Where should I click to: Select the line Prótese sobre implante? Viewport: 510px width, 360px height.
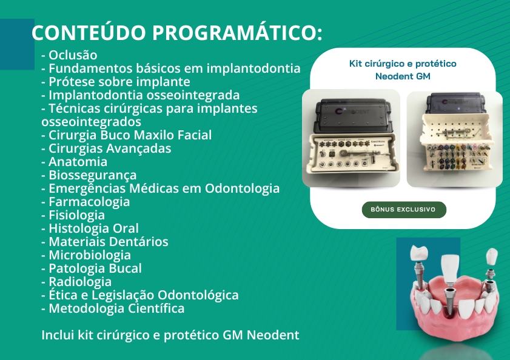coord(116,82)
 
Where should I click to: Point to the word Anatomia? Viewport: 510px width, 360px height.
coord(78,162)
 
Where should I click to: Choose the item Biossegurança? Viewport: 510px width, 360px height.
coord(92,175)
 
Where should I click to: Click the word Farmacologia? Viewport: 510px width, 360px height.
coord(89,202)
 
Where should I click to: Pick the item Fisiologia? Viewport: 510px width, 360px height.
coord(77,215)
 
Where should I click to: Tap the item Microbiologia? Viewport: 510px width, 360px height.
coord(89,255)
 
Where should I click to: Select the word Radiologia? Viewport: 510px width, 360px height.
coord(80,282)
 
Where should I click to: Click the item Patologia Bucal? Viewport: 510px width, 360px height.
coord(95,268)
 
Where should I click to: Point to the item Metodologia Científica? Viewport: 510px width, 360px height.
coord(116,308)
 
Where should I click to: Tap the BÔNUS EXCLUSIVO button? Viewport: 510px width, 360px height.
coord(404,210)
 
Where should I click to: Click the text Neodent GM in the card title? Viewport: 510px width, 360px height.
coord(403,76)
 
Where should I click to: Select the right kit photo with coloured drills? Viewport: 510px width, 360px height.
coord(455,139)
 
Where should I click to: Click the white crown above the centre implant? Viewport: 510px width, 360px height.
coord(450,268)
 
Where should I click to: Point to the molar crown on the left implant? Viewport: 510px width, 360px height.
coord(418,253)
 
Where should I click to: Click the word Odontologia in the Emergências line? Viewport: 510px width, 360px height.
coord(242,188)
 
